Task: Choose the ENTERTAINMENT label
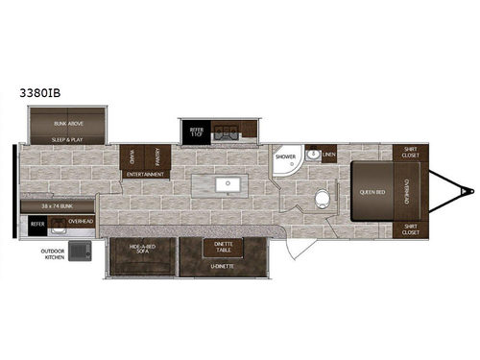[x=145, y=175]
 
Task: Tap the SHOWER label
[x=284, y=156]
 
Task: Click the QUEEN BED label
[x=373, y=191]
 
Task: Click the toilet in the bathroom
[x=324, y=200]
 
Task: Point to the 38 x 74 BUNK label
[x=58, y=206]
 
